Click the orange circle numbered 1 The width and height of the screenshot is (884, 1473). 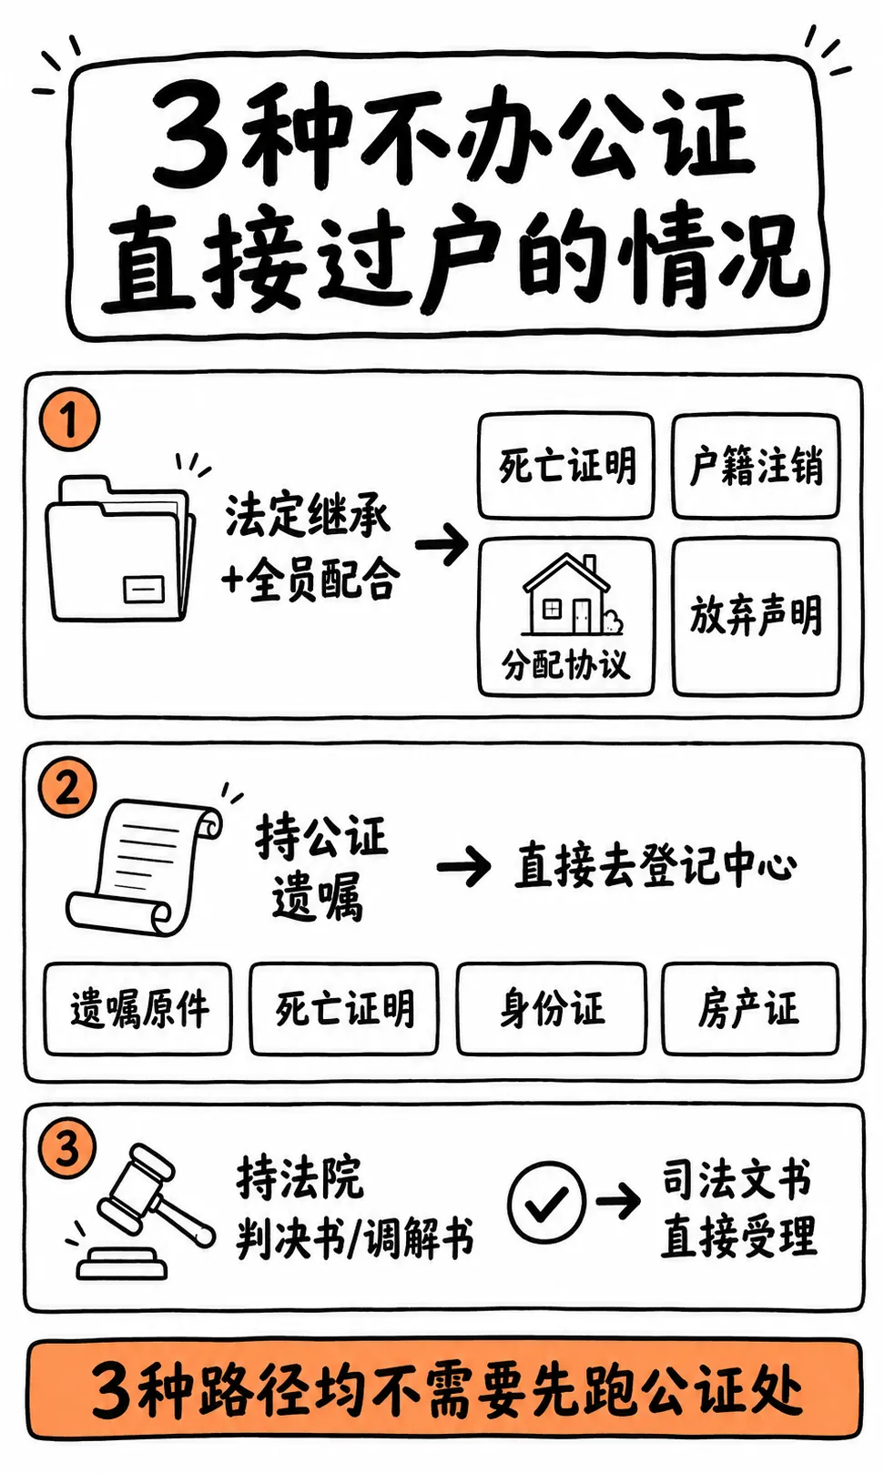point(69,419)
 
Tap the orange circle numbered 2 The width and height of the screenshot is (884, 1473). point(67,788)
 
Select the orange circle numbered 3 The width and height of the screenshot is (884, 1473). point(67,1150)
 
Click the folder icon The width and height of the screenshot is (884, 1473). point(120,549)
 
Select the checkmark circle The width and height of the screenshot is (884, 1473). point(546,1201)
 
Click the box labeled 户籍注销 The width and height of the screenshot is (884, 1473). point(756,466)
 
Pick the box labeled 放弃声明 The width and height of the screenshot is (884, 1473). point(757,617)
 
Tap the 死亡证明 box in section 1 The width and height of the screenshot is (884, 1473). point(566,466)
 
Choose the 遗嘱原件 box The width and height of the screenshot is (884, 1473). point(138,1009)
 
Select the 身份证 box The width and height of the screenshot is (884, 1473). point(552,1009)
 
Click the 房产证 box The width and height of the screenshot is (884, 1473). point(750,1009)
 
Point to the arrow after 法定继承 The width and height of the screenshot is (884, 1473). point(442,544)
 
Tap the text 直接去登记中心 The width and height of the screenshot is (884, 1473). point(655,863)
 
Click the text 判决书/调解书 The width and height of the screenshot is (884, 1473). point(355,1237)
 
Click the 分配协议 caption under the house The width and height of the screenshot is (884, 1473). point(566,663)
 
